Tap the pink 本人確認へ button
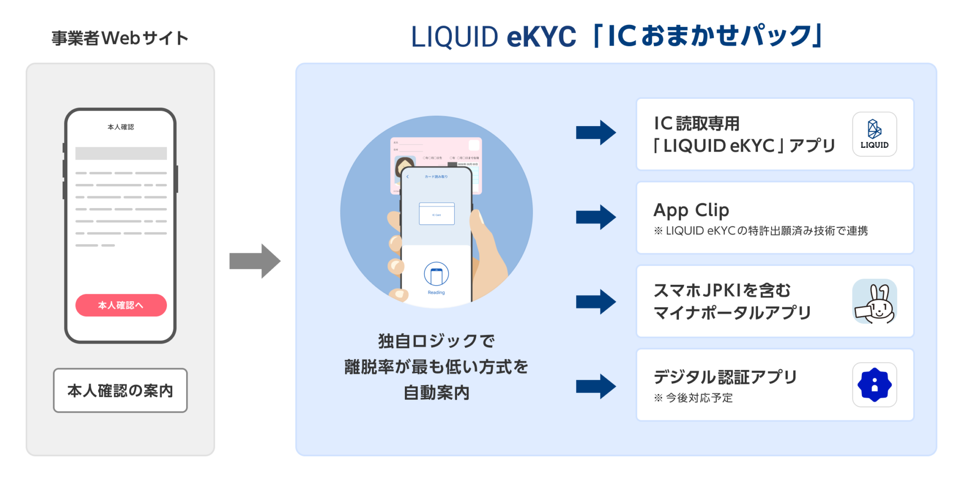point(121,305)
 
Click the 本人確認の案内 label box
point(120,390)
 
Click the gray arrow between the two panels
point(254,261)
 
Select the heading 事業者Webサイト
point(120,38)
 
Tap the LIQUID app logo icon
point(874,134)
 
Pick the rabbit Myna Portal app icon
point(874,301)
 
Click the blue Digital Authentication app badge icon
point(874,385)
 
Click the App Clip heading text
point(691,210)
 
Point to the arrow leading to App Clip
point(596,217)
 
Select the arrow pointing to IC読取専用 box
point(596,132)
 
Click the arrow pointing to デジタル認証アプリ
point(596,386)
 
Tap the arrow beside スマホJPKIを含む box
point(596,302)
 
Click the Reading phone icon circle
point(436,274)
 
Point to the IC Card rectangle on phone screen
point(437,214)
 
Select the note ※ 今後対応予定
point(693,398)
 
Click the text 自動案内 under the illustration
point(436,393)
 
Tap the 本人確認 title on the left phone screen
point(121,127)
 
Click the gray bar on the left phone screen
point(121,153)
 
